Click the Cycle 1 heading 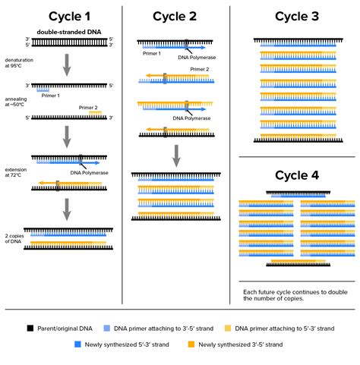click(x=67, y=17)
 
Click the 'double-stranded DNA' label click(x=68, y=30)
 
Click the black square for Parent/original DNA click(x=30, y=329)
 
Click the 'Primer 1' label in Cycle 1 click(x=52, y=96)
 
